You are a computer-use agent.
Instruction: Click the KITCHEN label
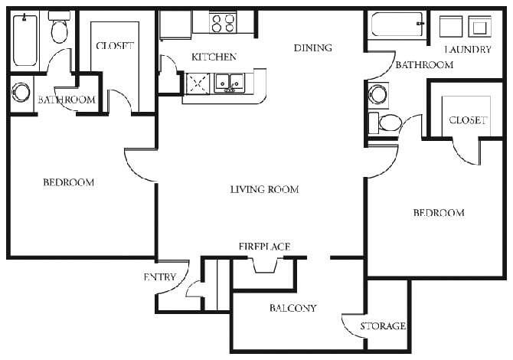(x=214, y=57)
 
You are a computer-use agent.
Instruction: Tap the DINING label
(x=312, y=47)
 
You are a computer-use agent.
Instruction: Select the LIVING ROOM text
(x=264, y=189)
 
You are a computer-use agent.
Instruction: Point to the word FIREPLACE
(x=264, y=246)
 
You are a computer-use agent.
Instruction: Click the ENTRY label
(x=160, y=277)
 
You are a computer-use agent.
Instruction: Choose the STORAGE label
(x=383, y=326)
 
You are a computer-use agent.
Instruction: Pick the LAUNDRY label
(x=466, y=50)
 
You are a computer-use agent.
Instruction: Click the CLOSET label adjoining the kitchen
(x=115, y=46)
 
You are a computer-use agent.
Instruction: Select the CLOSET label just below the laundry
(x=467, y=120)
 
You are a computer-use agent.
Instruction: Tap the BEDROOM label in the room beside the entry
(x=68, y=182)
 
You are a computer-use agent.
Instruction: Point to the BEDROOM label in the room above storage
(x=438, y=212)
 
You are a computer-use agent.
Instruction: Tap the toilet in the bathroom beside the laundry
(x=389, y=123)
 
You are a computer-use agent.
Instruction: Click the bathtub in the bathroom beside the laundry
(x=397, y=25)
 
